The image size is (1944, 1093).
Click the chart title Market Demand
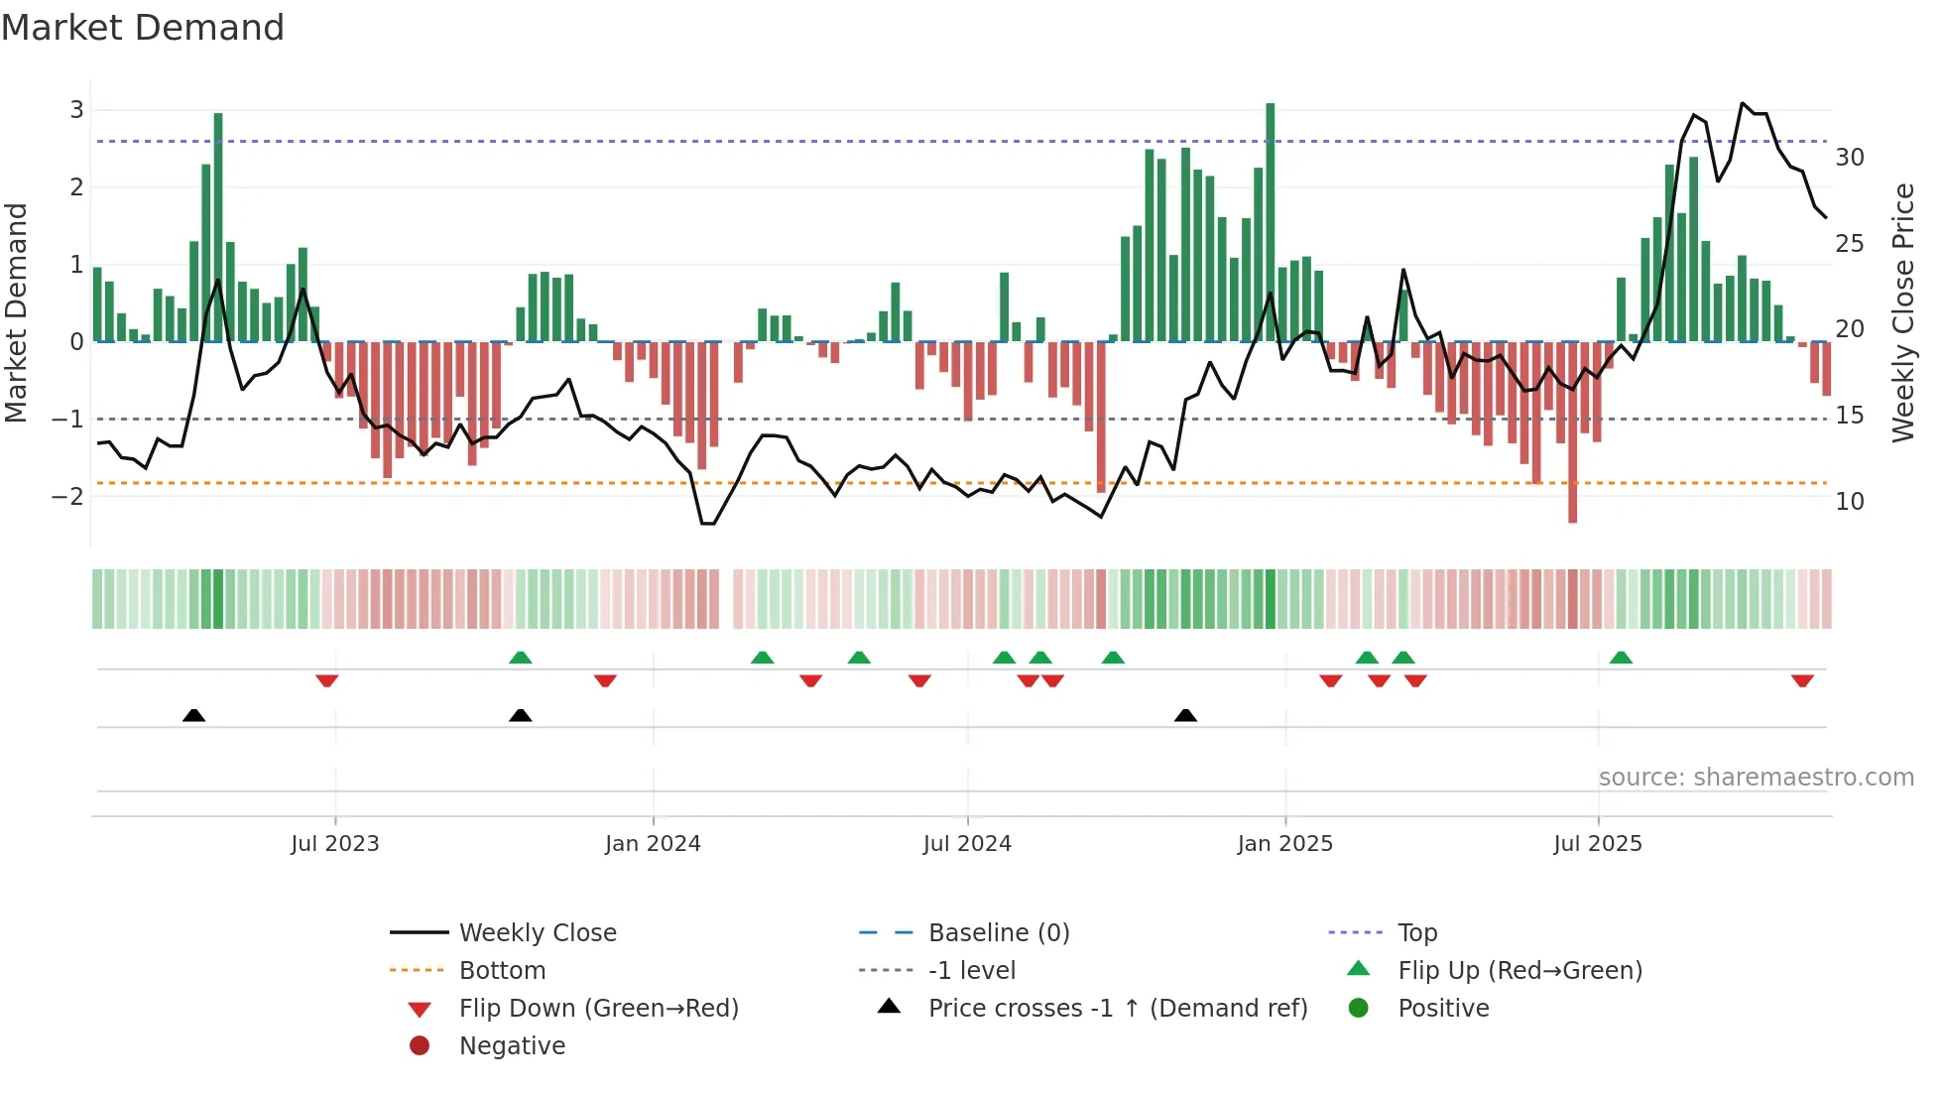pyautogui.click(x=143, y=28)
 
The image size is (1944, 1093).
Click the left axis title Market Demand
pyautogui.click(x=17, y=313)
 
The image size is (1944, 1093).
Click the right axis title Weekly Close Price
pyautogui.click(x=1902, y=313)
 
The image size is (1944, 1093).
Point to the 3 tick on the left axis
pyautogui.click(x=76, y=110)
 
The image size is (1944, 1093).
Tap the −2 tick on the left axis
pyautogui.click(x=69, y=496)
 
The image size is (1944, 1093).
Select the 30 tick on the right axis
pyautogui.click(x=1849, y=158)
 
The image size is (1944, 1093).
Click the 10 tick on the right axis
pyautogui.click(x=1849, y=502)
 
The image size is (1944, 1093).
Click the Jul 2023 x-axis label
pyautogui.click(x=335, y=844)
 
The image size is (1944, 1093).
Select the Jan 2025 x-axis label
pyautogui.click(x=1284, y=844)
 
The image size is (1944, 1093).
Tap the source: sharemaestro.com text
pyautogui.click(x=1756, y=778)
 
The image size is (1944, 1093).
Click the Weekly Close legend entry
pyautogui.click(x=537, y=933)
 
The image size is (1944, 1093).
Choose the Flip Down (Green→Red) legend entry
pyautogui.click(x=598, y=1009)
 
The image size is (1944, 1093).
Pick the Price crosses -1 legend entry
pyautogui.click(x=1117, y=1009)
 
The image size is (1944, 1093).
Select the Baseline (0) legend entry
pyautogui.click(x=998, y=933)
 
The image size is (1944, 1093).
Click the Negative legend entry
pyautogui.click(x=512, y=1046)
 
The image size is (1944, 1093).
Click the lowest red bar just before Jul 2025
pyautogui.click(x=1572, y=432)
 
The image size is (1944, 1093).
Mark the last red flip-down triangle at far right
pyautogui.click(x=1802, y=680)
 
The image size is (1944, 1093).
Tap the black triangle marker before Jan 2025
pyautogui.click(x=1185, y=715)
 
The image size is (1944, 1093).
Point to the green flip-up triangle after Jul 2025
pyautogui.click(x=1621, y=658)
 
